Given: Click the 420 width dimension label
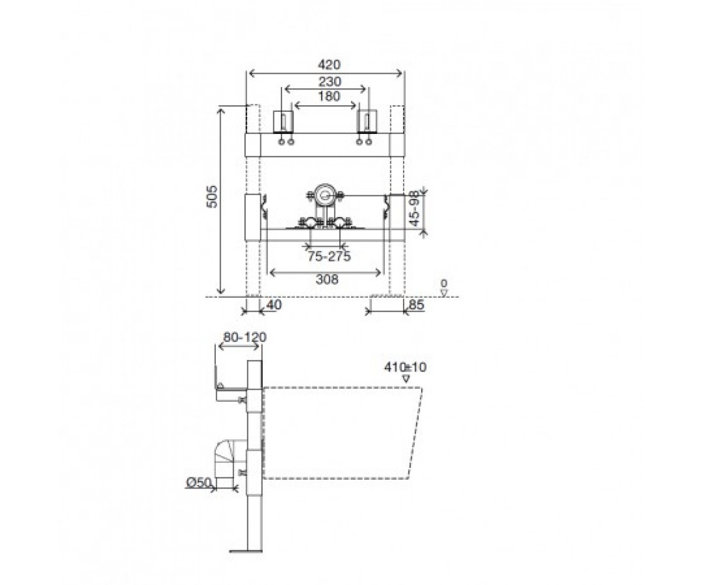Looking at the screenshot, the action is pos(329,64).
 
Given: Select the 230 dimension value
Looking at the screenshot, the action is pos(329,81).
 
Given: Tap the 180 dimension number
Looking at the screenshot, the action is pos(329,97).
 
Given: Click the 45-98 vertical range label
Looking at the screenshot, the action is pos(415,209).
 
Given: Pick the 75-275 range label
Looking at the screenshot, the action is pos(329,257).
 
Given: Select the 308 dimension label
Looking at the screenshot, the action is pos(327,279).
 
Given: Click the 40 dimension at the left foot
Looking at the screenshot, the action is pos(274,305).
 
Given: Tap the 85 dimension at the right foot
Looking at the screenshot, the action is pos(417,305).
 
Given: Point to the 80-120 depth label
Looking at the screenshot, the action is pos(245,337).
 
